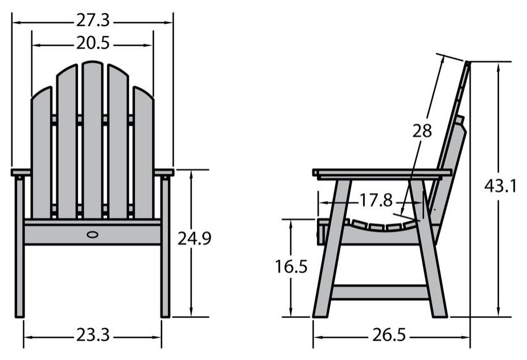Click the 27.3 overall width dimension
pyautogui.click(x=93, y=21)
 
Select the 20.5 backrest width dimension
pyautogui.click(x=93, y=43)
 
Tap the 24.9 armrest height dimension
pyautogui.click(x=194, y=239)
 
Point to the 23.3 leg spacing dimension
pyautogui.click(x=93, y=335)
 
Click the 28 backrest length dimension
pyautogui.click(x=422, y=131)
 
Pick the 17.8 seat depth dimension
pyautogui.click(x=376, y=201)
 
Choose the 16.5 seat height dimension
pyautogui.click(x=291, y=267)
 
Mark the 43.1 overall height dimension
pyautogui.click(x=500, y=186)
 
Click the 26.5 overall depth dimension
pyautogui.click(x=389, y=335)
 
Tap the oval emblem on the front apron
pyautogui.click(x=92, y=235)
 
